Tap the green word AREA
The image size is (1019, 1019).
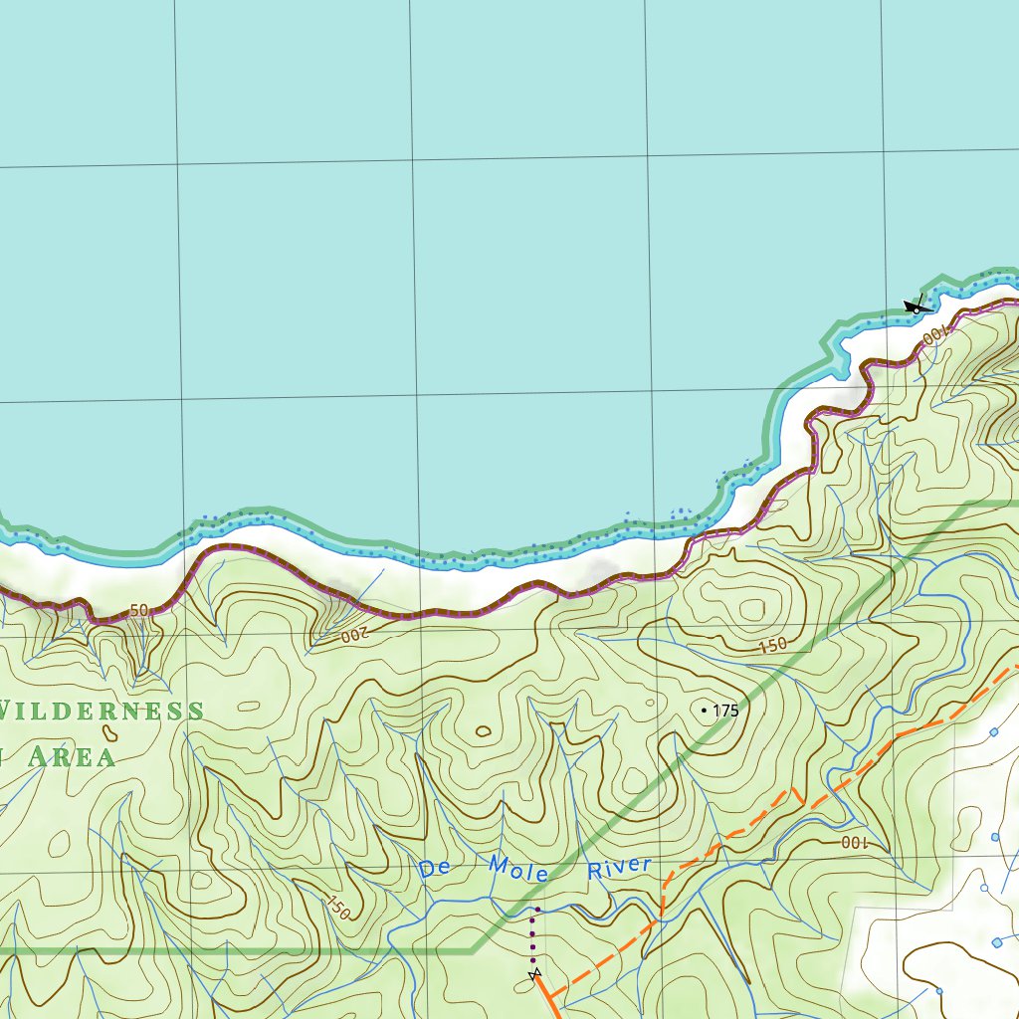point(70,756)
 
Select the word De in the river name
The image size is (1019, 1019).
point(435,868)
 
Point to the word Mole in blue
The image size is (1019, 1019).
point(518,869)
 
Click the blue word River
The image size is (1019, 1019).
point(618,869)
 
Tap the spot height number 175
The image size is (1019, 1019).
point(725,711)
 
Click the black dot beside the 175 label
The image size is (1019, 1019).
point(705,711)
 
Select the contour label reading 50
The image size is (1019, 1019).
point(138,610)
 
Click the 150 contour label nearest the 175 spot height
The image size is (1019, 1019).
point(771,646)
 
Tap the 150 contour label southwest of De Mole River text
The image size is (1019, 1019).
point(337,908)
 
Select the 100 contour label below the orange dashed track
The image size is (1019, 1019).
point(854,843)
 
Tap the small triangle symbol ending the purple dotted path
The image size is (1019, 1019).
point(535,972)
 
